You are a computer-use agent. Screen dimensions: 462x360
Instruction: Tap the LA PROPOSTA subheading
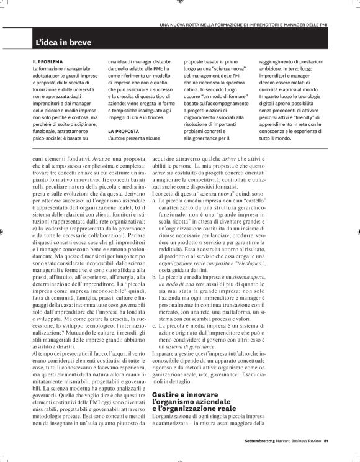[x=125, y=132]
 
